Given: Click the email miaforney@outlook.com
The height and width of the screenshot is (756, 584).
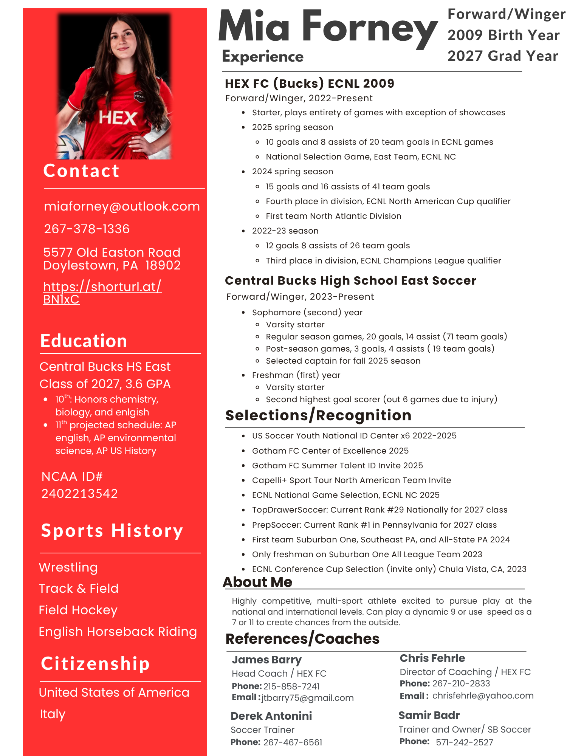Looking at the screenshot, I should [122, 206].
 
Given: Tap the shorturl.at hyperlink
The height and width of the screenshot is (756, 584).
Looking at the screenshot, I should [102, 293].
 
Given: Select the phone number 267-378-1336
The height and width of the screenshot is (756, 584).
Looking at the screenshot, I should [87, 229].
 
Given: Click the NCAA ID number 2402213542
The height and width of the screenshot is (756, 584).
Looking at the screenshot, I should [79, 494].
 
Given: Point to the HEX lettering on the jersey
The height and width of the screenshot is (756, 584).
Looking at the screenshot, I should [118, 118].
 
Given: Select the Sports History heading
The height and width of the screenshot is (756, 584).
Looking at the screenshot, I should [112, 531].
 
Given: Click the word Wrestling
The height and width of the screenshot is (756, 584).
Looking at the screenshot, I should [68, 567].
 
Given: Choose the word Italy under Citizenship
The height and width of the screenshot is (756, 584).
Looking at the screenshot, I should [53, 714].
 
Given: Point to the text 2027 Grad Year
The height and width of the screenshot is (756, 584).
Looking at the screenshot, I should [502, 56].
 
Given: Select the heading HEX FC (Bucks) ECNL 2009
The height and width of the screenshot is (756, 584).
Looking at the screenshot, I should [309, 84].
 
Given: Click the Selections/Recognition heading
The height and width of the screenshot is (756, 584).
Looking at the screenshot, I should [318, 415].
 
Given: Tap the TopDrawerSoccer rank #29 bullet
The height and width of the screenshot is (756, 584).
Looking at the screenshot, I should [380, 510].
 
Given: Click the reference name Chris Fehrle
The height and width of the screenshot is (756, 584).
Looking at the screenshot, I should [432, 658].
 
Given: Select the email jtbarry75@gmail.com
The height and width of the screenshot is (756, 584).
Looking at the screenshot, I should [307, 698].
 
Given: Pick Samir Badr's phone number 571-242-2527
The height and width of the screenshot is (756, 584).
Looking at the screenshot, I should [464, 742].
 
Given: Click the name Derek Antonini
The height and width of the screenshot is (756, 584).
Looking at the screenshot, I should [271, 716].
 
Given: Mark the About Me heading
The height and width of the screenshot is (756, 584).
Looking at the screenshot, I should [257, 582].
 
